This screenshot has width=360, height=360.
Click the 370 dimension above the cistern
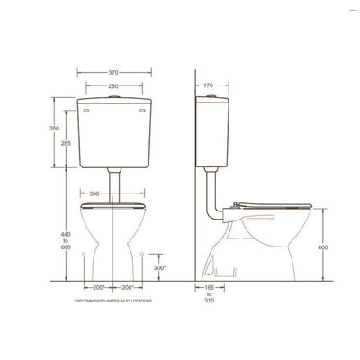(x=113, y=72)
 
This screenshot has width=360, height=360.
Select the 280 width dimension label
(x=113, y=86)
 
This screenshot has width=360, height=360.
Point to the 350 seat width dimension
(x=114, y=193)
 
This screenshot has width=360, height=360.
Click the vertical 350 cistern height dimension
(x=53, y=129)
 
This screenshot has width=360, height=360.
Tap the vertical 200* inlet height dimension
(x=159, y=267)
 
